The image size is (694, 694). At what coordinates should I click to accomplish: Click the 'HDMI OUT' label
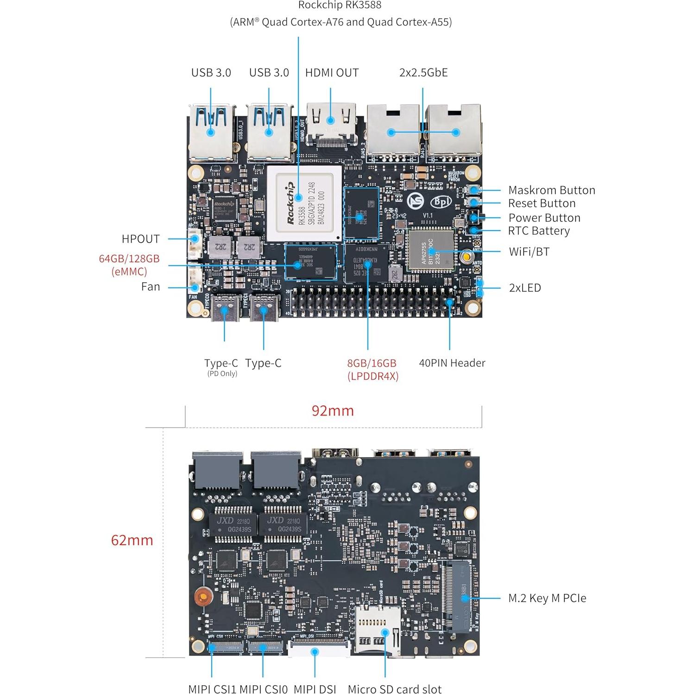[332, 73]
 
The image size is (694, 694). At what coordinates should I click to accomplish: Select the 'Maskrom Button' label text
[551, 190]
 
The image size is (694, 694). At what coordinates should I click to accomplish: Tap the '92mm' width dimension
[333, 410]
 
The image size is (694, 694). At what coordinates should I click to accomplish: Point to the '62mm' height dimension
[132, 540]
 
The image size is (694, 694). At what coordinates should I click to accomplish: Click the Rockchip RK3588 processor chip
[304, 203]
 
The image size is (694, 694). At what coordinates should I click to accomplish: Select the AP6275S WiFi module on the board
[430, 251]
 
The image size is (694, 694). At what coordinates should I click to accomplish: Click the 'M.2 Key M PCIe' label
[547, 598]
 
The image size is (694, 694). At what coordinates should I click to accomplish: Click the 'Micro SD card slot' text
[394, 689]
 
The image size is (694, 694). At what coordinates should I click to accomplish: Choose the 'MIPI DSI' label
[315, 689]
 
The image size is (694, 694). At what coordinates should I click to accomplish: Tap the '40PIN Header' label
[452, 363]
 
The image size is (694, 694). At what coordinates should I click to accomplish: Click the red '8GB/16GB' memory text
[372, 363]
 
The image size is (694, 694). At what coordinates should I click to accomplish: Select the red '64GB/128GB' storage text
[129, 259]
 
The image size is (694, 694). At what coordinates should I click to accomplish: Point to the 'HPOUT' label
[140, 239]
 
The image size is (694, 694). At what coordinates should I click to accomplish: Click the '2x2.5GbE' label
[423, 73]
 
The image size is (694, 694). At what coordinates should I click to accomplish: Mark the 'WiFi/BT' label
[529, 252]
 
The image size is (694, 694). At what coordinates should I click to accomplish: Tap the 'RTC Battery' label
[538, 231]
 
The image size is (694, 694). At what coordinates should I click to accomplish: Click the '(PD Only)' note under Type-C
[222, 374]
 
